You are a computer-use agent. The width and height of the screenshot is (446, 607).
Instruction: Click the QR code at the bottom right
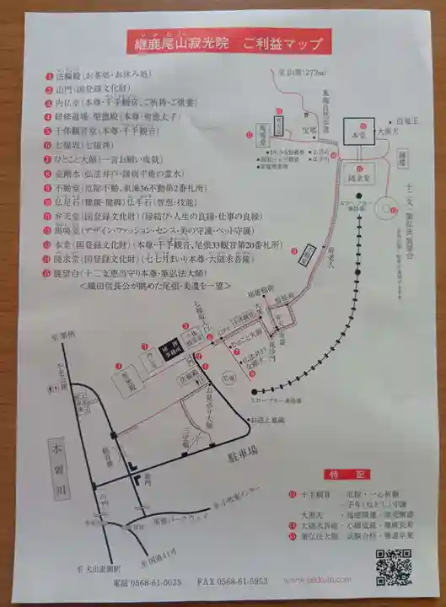pos(393,567)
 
